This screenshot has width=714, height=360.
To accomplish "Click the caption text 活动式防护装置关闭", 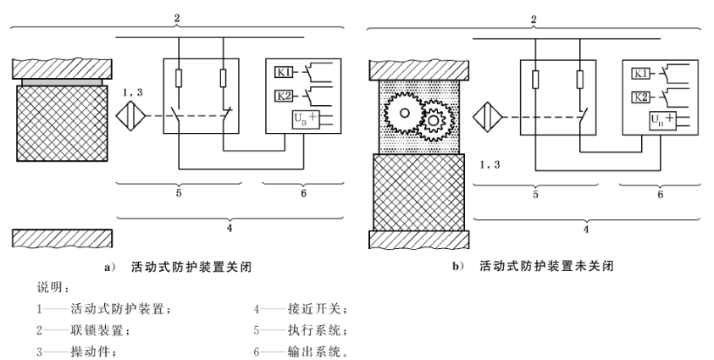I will (191, 266).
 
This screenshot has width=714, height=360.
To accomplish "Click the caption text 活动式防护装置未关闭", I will (547, 266).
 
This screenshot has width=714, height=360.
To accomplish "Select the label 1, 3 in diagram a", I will (133, 91).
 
